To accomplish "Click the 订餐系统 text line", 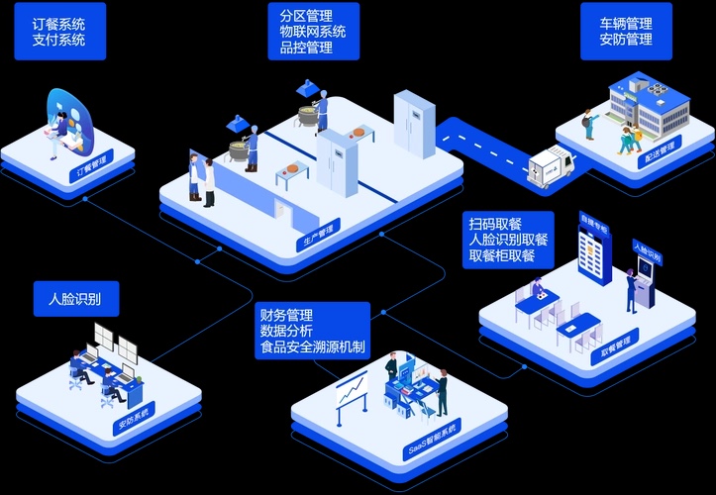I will click(58, 23).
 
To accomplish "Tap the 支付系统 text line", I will click(58, 41).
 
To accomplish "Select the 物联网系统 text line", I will click(313, 31).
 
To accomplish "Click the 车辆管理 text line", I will click(626, 23).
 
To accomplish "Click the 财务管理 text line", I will click(286, 315).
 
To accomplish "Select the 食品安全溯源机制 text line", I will click(312, 348).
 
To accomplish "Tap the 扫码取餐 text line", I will click(495, 222).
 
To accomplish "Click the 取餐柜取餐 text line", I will click(502, 255).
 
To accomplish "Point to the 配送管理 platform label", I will click(659, 149).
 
